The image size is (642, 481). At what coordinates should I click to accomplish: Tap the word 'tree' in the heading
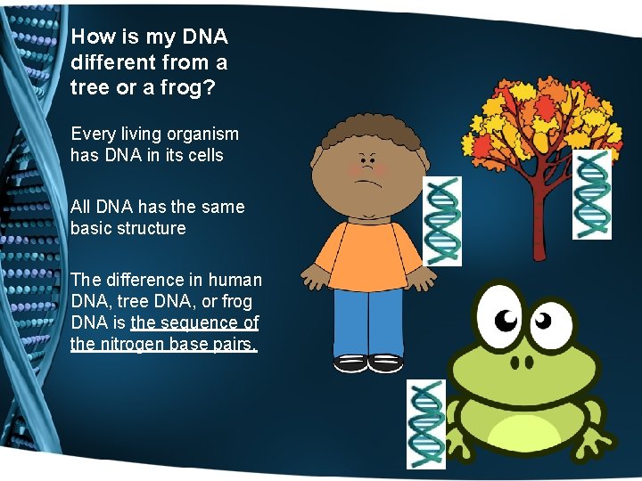[89, 88]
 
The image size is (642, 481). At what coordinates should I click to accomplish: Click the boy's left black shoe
[350, 363]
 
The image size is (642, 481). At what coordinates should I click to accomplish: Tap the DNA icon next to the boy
[443, 220]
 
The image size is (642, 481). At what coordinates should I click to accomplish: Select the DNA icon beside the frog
[425, 424]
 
